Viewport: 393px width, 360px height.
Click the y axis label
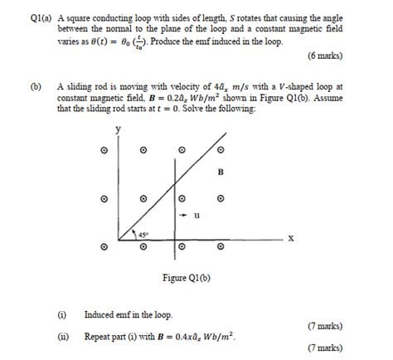(x=118, y=129)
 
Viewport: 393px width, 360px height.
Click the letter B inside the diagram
(x=221, y=173)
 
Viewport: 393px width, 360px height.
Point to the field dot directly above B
(x=221, y=150)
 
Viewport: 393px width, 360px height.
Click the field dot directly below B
(x=221, y=199)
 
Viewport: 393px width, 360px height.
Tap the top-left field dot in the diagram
(x=104, y=150)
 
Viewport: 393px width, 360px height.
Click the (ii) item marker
(x=61, y=337)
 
